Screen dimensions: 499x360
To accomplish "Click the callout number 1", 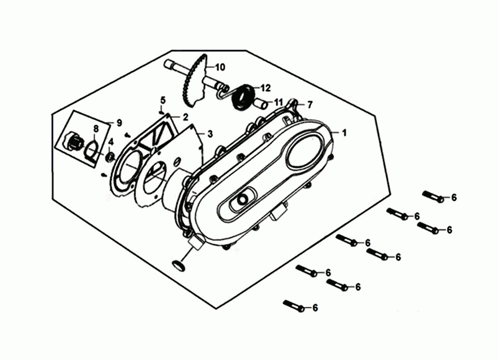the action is point(344,133).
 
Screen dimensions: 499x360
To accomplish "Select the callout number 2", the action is point(185,117).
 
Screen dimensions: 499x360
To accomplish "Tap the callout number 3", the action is point(210,134).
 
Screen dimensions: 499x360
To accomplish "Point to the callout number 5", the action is point(163,100).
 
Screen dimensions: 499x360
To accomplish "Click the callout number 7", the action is point(309,104).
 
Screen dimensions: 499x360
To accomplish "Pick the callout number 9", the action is point(119,122).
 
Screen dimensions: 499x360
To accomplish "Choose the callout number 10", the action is point(220,67).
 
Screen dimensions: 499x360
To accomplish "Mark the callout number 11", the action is point(278,102).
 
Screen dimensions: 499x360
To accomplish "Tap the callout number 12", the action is point(266,88).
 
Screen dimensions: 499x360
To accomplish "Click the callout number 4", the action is point(110,142).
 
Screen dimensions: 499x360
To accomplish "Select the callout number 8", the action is point(95,129).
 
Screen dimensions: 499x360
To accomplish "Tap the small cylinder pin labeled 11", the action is point(261,103).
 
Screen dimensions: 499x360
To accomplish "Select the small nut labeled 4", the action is point(110,157).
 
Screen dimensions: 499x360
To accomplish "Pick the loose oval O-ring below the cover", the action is point(178,266).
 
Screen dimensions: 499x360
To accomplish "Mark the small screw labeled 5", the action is point(162,112).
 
